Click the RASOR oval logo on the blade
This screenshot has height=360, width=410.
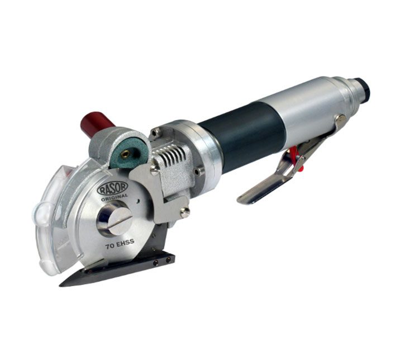pyautogui.click(x=112, y=188)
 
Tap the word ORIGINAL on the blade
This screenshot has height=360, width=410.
pyautogui.click(x=115, y=197)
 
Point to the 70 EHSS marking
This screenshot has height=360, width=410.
pyautogui.click(x=120, y=244)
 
